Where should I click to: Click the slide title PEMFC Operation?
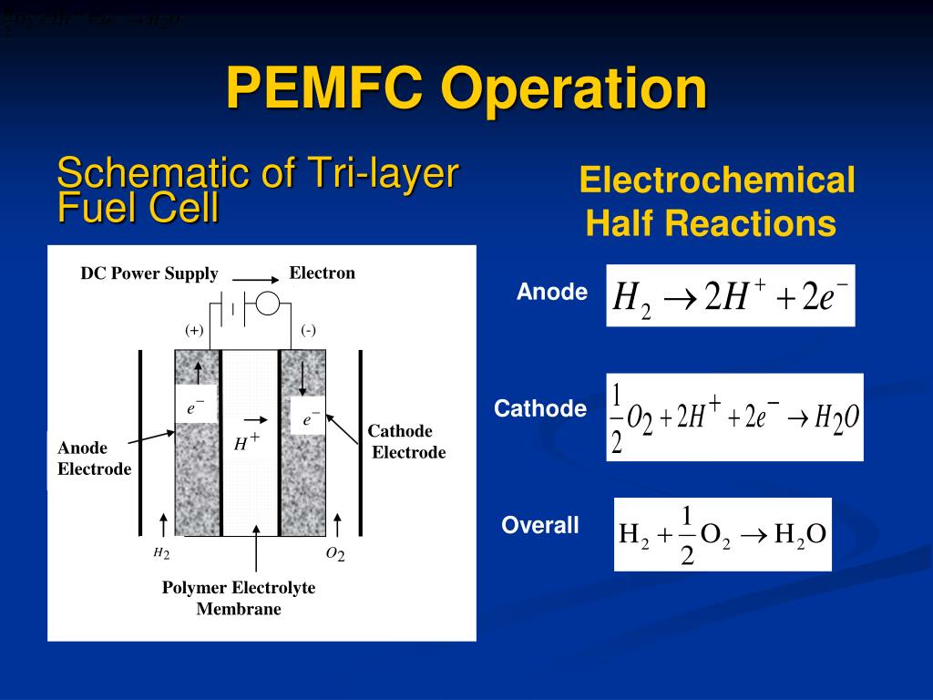[x=466, y=89]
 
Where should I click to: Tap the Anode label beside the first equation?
[x=552, y=293]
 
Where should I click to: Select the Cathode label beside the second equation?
[x=540, y=409]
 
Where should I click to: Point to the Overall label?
[x=540, y=526]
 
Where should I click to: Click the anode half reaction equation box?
[x=731, y=296]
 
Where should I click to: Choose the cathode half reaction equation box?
[x=734, y=417]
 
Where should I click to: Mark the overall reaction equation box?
[x=723, y=534]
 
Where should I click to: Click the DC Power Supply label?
[x=149, y=273]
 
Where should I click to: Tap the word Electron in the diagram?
[x=322, y=273]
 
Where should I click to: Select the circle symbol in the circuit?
[x=268, y=304]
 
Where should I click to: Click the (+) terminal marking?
[x=194, y=331]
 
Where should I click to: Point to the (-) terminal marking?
[x=309, y=331]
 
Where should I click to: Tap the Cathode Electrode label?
[x=406, y=442]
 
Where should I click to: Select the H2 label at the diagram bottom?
[x=161, y=553]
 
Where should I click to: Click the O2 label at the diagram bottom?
[x=335, y=554]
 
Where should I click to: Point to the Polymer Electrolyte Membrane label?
[x=239, y=598]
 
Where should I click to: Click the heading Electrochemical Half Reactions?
[x=717, y=201]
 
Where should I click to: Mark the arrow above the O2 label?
[x=337, y=525]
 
